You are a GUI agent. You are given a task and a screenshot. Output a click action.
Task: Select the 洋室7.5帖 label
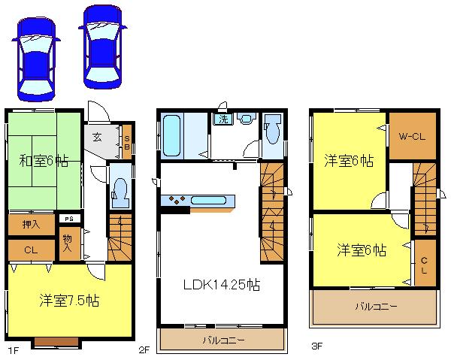tap(69, 300)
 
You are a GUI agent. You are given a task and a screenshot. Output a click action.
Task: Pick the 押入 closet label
tap(30, 224)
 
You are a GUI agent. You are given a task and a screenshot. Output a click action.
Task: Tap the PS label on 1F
tap(68, 219)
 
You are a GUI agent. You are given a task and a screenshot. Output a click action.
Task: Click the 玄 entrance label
tap(98, 137)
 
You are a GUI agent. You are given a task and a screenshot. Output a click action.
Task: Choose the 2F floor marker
tap(144, 349)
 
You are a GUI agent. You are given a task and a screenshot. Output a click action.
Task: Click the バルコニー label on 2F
tap(221, 340)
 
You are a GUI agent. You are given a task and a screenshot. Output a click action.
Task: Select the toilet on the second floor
tap(273, 135)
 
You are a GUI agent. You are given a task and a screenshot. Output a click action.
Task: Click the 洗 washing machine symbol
tap(223, 119)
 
